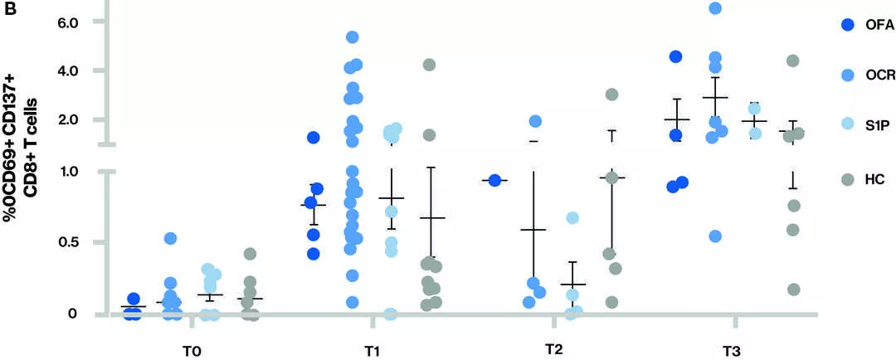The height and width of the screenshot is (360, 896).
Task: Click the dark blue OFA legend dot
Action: click(846, 26)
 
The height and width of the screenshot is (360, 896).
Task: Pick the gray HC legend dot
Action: click(846, 178)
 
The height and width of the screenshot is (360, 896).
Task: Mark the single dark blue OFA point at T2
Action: click(494, 180)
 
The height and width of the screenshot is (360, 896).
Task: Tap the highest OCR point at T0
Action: click(170, 239)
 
